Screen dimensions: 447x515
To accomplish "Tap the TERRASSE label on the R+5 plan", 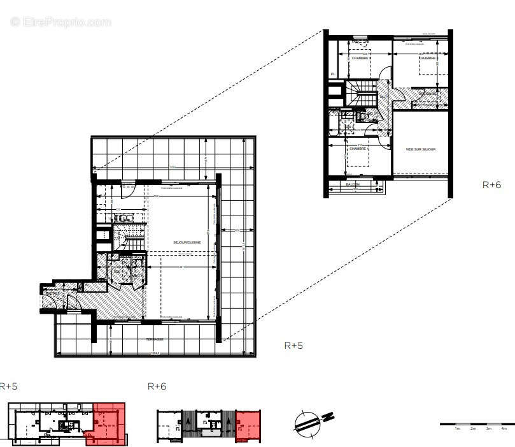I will pos(155,339).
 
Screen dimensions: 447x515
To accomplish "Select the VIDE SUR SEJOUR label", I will pos(420,149).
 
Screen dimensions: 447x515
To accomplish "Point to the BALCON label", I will pos(352,185).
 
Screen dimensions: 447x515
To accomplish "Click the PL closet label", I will pos(332,75).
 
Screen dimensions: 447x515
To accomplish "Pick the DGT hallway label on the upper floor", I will pos(383,96).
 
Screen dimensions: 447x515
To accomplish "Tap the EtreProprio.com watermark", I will pos(61,22).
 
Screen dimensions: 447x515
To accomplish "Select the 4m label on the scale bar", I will pos(504,429).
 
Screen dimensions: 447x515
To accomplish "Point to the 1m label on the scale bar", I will pos(457,429).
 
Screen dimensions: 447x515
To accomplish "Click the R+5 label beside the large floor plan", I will pos(293,346).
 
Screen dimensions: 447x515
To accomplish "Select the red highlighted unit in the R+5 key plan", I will pos(109,421).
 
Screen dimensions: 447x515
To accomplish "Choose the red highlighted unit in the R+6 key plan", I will pos(248,425).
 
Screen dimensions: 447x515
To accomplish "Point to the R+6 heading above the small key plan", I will pos(157,386).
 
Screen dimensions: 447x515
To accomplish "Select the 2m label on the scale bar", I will pos(473,429).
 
